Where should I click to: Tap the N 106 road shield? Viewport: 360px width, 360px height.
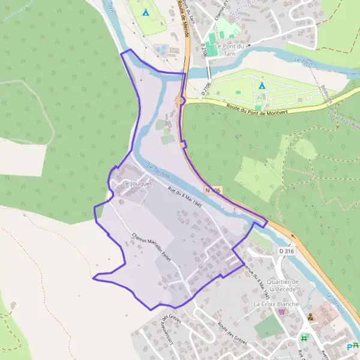(x=212, y=190)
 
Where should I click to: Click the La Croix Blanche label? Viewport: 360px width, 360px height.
(x=275, y=304)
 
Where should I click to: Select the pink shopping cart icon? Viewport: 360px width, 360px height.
(x=282, y=313)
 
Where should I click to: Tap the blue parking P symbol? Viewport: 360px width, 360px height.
(x=350, y=347)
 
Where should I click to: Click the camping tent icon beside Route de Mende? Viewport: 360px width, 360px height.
(x=145, y=12)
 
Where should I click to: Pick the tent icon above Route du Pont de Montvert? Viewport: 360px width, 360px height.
(x=262, y=85)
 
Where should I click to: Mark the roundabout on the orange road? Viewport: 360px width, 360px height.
(x=181, y=101)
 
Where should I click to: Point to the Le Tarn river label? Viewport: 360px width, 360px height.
(x=305, y=61)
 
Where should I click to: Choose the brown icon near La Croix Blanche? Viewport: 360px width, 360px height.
(x=310, y=317)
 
